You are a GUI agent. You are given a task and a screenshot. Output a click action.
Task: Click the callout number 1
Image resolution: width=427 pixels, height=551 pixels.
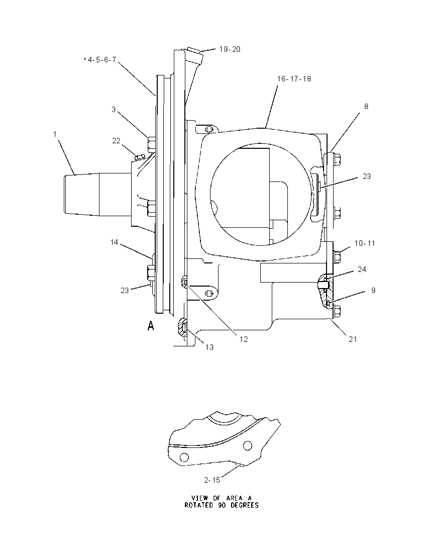(55, 134)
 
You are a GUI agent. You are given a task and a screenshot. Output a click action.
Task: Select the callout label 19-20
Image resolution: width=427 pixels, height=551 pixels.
(230, 49)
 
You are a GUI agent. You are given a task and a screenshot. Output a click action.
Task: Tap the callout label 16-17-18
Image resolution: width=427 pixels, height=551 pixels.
(294, 79)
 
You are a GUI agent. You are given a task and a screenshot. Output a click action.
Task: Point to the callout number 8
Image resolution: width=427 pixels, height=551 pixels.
(366, 107)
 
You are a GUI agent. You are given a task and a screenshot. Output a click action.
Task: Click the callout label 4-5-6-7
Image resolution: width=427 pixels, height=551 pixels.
(101, 60)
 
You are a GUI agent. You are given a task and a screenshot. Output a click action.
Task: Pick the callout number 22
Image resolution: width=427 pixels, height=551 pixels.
(116, 141)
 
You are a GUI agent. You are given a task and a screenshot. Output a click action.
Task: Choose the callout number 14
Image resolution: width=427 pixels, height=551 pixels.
(114, 242)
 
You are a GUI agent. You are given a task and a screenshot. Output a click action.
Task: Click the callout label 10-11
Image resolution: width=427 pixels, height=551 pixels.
(365, 243)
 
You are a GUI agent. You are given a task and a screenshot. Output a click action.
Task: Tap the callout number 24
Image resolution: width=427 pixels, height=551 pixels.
(362, 269)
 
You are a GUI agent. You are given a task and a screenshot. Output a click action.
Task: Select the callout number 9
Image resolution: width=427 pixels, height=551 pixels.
(373, 290)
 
